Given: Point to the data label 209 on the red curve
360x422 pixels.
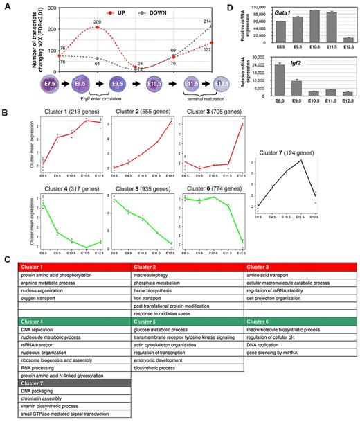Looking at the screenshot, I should [98, 24].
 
